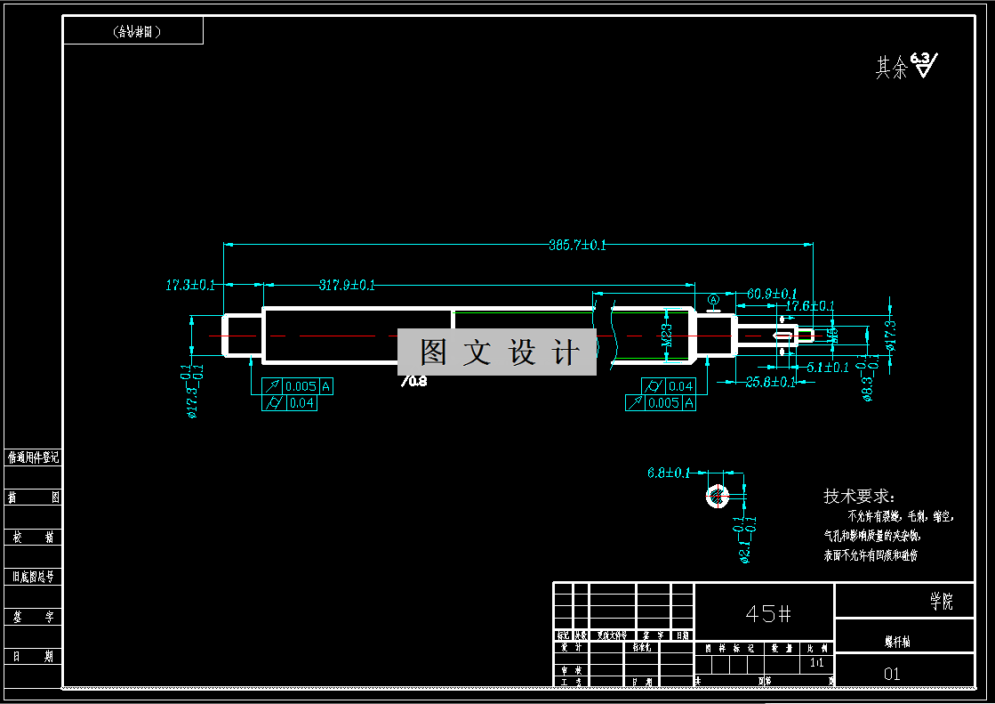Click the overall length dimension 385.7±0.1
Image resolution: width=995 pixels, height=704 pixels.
(577, 245)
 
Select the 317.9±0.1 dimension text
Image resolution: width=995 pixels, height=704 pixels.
(347, 285)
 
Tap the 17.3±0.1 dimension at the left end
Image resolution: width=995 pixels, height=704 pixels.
(190, 285)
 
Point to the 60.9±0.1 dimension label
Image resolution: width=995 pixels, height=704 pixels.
(772, 293)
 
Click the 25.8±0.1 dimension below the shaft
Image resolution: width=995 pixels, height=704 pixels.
(770, 382)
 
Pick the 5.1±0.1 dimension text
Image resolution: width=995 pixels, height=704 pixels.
(827, 367)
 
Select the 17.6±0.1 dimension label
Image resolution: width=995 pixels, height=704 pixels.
(809, 305)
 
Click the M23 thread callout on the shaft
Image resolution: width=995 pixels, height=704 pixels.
(667, 334)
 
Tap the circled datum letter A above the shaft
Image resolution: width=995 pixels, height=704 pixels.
(712, 300)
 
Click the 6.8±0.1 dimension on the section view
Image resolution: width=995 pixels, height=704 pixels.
(669, 473)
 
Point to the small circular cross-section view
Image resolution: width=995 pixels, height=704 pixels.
(716, 496)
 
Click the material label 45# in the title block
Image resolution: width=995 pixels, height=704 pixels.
(768, 613)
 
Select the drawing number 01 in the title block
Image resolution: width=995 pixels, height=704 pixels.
(892, 674)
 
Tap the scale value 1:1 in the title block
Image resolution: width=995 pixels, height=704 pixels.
(816, 664)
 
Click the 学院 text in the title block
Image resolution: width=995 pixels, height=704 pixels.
(942, 603)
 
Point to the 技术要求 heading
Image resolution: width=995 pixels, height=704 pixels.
(859, 497)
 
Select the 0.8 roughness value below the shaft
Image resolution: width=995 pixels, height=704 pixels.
(414, 381)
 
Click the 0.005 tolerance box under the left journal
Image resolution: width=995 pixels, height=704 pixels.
(301, 386)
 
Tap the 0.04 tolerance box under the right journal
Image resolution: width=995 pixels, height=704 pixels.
(680, 386)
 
